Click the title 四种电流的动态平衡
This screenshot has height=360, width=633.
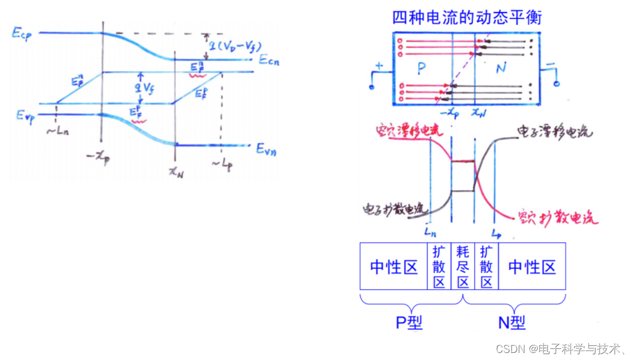click(467, 17)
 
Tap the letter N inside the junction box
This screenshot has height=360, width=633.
click(501, 68)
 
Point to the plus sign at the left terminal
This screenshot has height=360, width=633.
click(379, 67)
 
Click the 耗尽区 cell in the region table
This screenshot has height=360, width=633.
click(462, 267)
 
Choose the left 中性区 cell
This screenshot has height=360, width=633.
click(394, 267)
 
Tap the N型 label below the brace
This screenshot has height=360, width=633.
click(511, 322)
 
